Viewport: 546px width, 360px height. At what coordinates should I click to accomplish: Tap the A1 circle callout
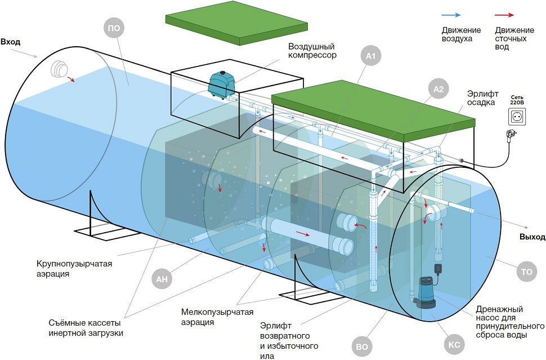click(370, 56)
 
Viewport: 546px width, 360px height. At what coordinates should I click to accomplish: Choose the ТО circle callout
click(527, 272)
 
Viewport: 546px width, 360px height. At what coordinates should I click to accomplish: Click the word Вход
click(12, 42)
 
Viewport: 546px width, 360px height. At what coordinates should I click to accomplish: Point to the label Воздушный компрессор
click(312, 51)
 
